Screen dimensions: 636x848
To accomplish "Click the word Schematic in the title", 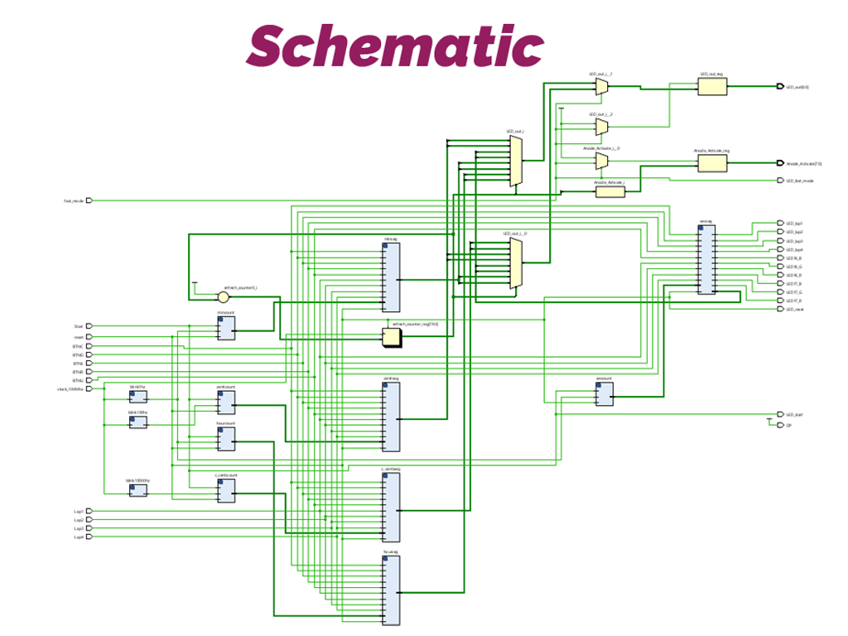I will point(395,45).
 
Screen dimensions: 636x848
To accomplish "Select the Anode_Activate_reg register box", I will point(711,163).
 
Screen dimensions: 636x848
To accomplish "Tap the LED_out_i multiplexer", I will point(516,161).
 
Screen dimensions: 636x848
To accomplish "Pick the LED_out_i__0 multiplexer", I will point(516,263).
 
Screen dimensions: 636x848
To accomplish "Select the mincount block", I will point(225,329).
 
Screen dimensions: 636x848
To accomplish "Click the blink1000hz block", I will point(138,490).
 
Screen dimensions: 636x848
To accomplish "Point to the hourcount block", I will point(225,439).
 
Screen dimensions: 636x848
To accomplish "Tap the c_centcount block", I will point(225,491).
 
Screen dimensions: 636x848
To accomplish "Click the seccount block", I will point(604,395).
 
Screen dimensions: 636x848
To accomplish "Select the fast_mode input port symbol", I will point(89,200).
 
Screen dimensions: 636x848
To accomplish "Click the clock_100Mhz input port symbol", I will point(89,388).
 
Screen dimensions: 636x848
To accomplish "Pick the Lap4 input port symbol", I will point(89,537).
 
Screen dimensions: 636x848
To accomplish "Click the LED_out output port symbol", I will point(779,86).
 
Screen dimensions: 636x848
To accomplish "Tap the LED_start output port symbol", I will point(779,414).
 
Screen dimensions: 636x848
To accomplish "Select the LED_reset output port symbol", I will point(779,309).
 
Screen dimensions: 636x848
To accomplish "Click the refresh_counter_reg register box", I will point(391,336).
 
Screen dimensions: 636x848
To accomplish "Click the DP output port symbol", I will point(779,425).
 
